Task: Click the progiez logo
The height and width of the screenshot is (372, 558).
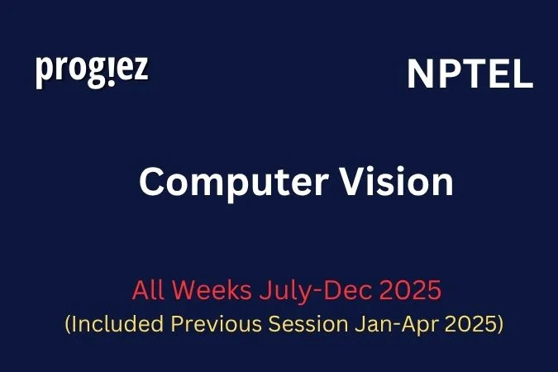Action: click(92, 70)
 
